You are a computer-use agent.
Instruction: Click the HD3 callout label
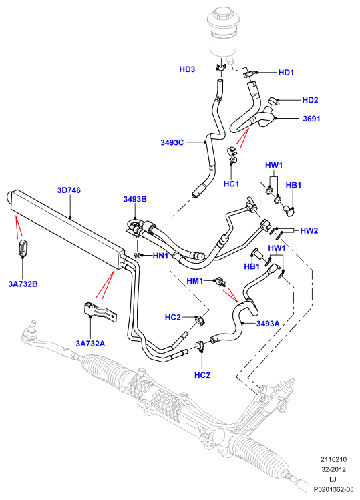187,69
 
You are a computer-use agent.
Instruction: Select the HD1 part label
286,73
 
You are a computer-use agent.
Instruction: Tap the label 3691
311,119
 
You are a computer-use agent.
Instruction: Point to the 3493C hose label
172,142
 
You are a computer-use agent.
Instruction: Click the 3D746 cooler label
69,190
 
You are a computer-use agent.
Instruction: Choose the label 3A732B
23,284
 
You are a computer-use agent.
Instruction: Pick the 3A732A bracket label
90,343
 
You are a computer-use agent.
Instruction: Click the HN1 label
160,256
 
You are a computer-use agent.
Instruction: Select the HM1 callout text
194,280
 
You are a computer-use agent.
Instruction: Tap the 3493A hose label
268,324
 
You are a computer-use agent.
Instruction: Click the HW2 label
309,230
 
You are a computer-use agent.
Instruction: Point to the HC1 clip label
231,184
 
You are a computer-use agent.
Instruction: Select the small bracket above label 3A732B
23,247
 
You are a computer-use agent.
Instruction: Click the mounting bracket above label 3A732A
100,311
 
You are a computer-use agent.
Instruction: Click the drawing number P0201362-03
333,489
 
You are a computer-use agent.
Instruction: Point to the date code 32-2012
333,469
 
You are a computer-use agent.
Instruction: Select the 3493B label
135,199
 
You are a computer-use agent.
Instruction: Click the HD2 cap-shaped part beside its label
274,101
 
